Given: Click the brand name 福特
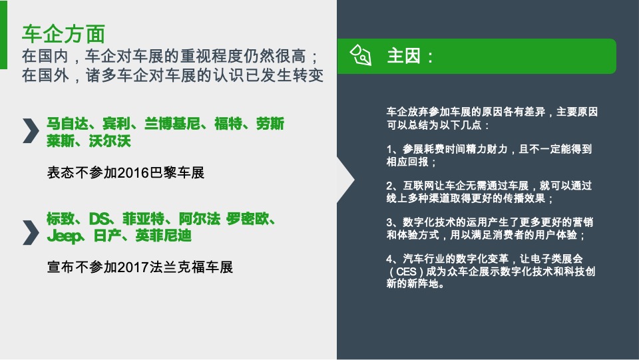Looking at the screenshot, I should (x=228, y=124).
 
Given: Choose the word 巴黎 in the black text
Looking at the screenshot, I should (x=165, y=173).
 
